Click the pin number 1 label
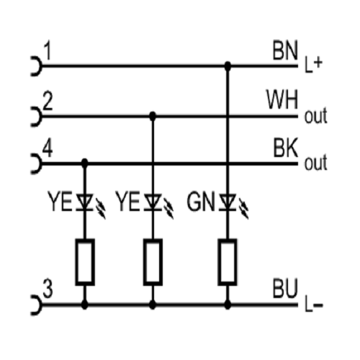48,51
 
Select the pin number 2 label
48,102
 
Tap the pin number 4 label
48,148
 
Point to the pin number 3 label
48,289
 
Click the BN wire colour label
285,51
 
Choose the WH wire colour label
282,99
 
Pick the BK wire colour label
286,148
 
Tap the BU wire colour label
285,288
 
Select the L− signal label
314,305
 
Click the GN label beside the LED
201,202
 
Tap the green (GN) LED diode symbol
228,203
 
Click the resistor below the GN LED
228,262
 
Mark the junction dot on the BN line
228,66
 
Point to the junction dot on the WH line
153,117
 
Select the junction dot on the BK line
84,163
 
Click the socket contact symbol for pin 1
37,66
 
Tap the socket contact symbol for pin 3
37,305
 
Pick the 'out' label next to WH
316,116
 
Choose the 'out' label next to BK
316,163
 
